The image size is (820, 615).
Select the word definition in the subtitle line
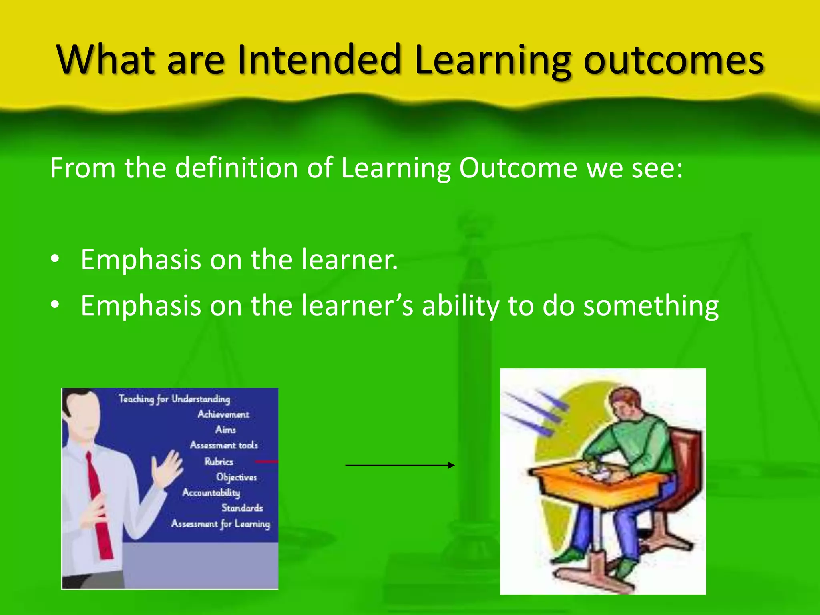[x=237, y=168]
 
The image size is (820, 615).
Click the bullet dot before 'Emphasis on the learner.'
[x=55, y=259]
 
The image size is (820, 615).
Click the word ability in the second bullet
[x=460, y=306]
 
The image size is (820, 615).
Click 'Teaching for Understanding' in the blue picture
[x=174, y=399]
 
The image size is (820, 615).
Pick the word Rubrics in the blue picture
[x=219, y=461]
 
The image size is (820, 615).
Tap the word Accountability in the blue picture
[x=211, y=492]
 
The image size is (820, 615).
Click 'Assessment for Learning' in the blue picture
[x=221, y=524]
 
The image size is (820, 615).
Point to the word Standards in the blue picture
[x=242, y=508]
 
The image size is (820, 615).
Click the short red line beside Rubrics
[x=266, y=462]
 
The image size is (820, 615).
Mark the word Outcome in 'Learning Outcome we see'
[x=518, y=168]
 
